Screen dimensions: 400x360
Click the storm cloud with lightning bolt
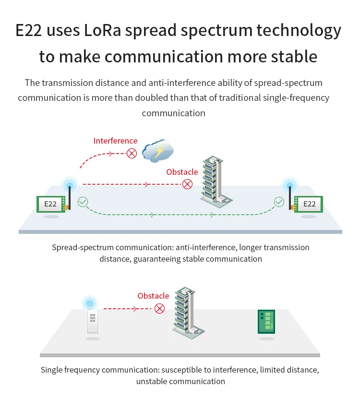tap(158, 151)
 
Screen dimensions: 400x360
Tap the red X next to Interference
tap(132, 153)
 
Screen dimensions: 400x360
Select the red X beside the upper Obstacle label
tap(187, 184)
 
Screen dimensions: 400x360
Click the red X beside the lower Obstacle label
tap(159, 308)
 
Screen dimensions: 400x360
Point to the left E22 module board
tap(50, 204)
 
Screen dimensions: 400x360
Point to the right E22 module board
tap(310, 204)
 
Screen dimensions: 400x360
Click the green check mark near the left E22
tap(83, 202)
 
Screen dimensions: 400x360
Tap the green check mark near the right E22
tap(279, 202)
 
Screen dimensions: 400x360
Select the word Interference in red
tap(115, 141)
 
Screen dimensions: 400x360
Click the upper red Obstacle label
tap(182, 172)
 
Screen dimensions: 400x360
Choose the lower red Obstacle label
tap(153, 296)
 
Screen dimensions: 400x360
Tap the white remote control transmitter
tap(93, 320)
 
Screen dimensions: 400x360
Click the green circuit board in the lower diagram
tap(265, 322)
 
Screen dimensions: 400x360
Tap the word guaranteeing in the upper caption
tap(163, 259)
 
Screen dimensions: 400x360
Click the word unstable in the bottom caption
tap(152, 381)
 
